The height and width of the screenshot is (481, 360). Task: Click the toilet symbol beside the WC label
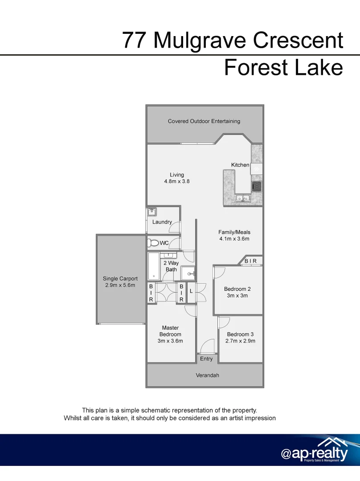coord(154,243)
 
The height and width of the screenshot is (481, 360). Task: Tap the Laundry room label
coord(162,222)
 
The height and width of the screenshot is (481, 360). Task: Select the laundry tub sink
coord(151,212)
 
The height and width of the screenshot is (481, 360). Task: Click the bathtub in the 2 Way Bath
coord(154,266)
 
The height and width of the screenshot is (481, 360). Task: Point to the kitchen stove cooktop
coord(256,187)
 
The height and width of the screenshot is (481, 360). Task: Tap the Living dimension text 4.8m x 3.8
coord(177,182)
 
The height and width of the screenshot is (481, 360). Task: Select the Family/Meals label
coord(234,232)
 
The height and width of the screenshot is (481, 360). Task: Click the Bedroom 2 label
coord(237,289)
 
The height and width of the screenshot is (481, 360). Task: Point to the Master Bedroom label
coord(170,331)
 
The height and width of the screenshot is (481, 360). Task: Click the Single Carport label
coord(120,279)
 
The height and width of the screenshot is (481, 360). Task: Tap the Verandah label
coord(207,375)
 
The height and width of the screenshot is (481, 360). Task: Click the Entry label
coord(206,359)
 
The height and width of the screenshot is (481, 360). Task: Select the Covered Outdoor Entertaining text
coord(204,121)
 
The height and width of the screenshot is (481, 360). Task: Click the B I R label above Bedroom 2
coord(250,261)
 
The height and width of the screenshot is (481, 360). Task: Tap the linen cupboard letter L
coord(191,290)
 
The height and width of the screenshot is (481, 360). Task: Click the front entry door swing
coord(206,346)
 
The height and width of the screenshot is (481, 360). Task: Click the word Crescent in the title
coord(298,41)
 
